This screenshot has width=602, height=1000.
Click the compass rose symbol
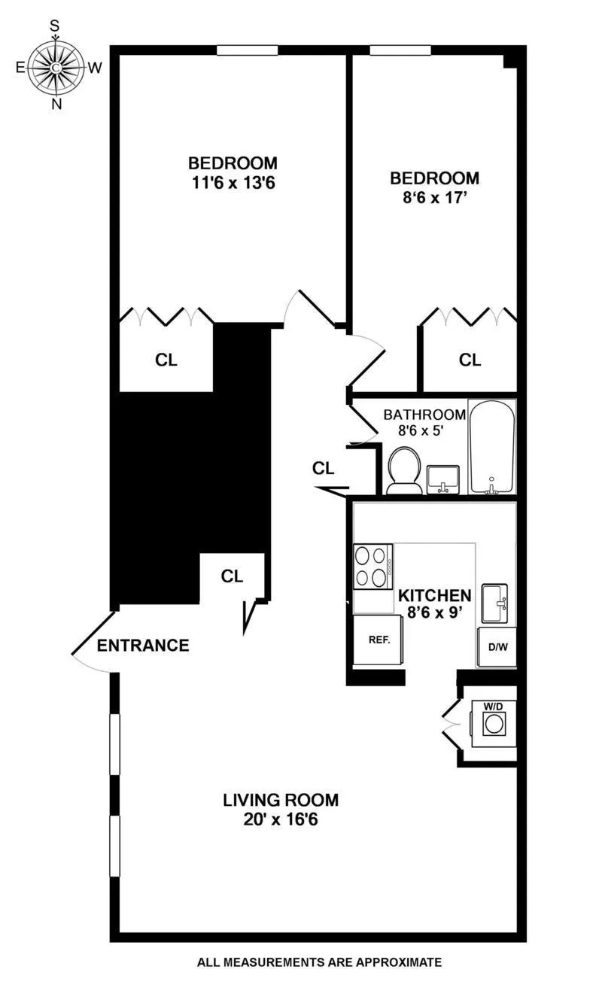coord(56,67)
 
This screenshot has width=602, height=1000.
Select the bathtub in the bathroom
coord(492,447)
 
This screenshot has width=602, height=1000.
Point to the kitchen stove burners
coord(372,566)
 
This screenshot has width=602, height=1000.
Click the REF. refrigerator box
coord(377,640)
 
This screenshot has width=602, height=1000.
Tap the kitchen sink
coord(495,602)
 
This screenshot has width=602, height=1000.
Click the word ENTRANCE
coord(143,646)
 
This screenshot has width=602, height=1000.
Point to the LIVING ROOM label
coord(281,799)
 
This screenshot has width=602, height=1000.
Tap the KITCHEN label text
coord(434,595)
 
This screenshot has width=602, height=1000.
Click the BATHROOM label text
coord(424,415)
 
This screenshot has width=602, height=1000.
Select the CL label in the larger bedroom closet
coord(166,360)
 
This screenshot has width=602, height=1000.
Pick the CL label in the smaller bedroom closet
coord(470,360)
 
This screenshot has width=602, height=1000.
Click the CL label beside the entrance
coord(232,576)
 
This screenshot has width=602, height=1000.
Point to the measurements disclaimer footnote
coord(319,962)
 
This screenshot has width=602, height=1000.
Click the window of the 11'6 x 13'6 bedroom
coord(248,50)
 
